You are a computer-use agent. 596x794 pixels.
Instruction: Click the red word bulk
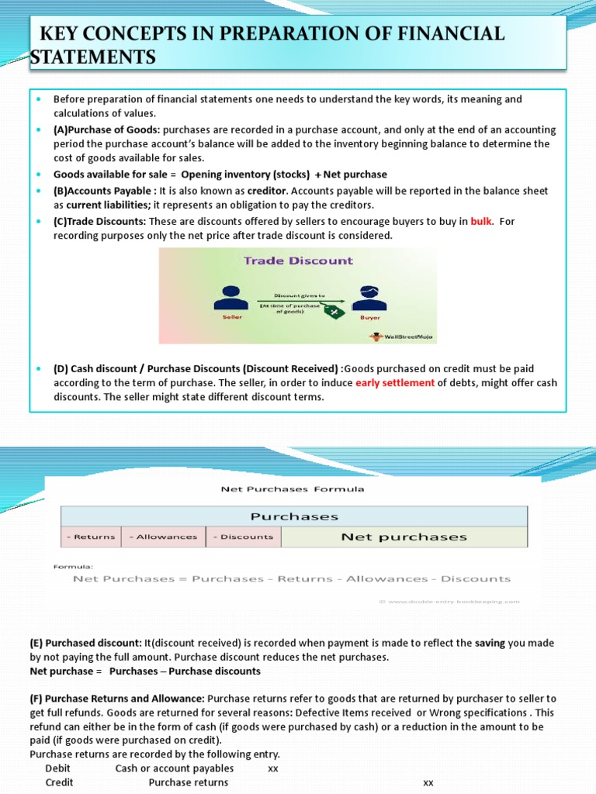482,222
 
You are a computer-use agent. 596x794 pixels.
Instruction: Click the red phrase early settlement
395,383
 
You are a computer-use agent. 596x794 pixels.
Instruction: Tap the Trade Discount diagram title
298,261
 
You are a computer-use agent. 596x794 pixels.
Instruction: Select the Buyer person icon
368,298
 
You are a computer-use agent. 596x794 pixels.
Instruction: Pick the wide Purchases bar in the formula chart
294,516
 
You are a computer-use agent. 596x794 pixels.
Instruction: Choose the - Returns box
91,537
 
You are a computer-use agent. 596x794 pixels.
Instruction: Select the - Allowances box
163,537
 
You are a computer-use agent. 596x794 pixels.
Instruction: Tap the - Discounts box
244,537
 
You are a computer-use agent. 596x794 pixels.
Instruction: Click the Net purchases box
404,537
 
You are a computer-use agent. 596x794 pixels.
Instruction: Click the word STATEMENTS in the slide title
93,57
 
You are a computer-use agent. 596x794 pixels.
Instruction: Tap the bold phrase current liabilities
106,205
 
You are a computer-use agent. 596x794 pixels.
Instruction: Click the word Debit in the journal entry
58,768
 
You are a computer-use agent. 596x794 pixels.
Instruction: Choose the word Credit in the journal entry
59,782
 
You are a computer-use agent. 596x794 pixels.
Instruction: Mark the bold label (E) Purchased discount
85,643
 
